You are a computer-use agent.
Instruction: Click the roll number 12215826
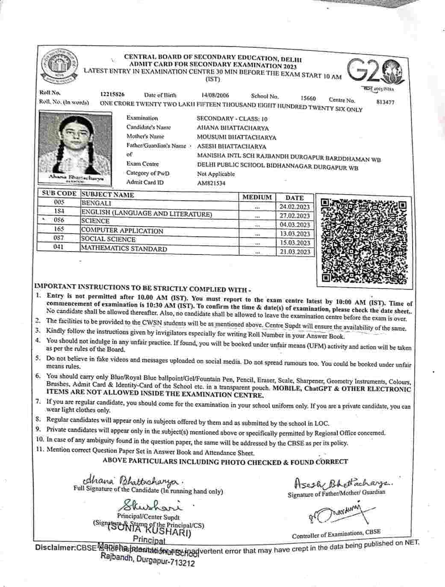coord(112,95)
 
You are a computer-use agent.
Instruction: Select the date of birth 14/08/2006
coord(215,95)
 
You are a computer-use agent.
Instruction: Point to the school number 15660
coord(308,98)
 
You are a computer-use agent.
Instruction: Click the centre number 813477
coord(386,102)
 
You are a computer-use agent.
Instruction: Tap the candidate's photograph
coord(75,148)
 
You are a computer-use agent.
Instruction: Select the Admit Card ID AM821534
coord(211,183)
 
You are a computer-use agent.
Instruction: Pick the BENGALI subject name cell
coord(97,204)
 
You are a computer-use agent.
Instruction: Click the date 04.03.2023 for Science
coord(295,225)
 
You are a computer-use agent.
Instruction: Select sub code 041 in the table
coord(59,247)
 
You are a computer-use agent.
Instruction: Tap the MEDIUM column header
coord(257,197)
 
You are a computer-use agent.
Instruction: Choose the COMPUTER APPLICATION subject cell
coord(122,231)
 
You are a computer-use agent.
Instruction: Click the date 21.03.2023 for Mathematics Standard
coord(295,252)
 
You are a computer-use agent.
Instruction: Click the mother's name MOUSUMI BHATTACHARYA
coord(236,137)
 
